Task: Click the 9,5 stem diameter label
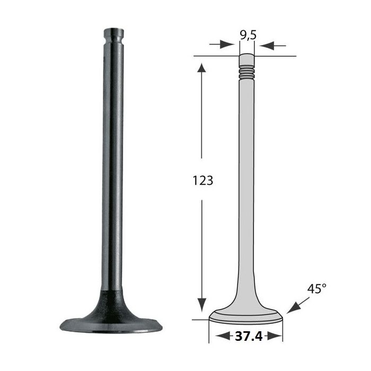click(248, 35)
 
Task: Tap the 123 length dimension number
click(203, 181)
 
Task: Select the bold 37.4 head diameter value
click(249, 336)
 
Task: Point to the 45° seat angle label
click(317, 289)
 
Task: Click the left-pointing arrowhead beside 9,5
click(267, 46)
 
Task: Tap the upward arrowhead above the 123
click(201, 67)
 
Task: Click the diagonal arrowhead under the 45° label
click(294, 308)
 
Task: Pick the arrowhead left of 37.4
click(223, 335)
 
